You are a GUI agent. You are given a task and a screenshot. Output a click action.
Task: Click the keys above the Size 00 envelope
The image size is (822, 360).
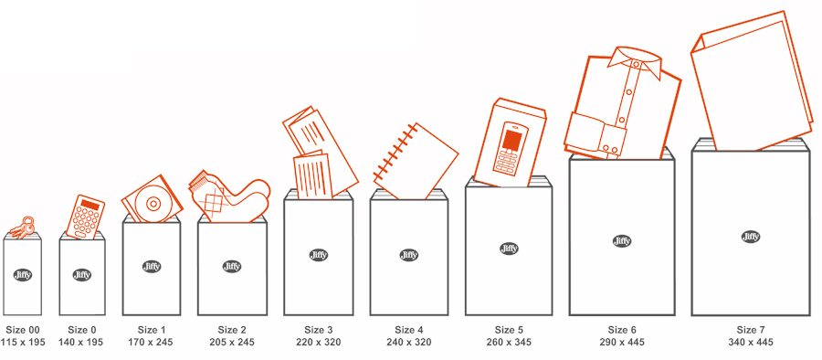(x=23, y=228)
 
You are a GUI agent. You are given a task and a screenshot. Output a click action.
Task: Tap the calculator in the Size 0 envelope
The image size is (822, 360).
(x=86, y=217)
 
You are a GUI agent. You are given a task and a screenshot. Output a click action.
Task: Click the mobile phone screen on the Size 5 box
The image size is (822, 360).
(x=511, y=140)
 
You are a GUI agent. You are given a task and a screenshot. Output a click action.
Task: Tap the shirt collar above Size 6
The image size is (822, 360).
(x=632, y=58)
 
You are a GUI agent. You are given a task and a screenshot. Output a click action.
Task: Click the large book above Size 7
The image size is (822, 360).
(x=752, y=81)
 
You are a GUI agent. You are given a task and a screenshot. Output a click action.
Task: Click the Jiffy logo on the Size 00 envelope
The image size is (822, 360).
(x=23, y=274)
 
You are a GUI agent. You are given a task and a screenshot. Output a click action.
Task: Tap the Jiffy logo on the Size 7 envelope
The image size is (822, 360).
(x=751, y=237)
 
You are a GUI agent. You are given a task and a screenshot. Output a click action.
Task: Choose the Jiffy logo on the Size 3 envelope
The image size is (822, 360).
(x=318, y=256)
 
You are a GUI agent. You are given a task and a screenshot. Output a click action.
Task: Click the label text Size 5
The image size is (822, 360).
(x=509, y=330)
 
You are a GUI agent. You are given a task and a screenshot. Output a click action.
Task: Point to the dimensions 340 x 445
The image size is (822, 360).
(x=750, y=342)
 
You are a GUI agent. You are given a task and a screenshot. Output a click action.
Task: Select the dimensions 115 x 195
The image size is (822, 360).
(x=23, y=342)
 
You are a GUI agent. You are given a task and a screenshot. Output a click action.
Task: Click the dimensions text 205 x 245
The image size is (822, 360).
(x=232, y=342)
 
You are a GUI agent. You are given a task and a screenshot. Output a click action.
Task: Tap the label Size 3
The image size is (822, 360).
(x=318, y=330)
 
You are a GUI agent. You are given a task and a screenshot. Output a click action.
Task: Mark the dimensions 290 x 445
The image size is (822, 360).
(x=622, y=342)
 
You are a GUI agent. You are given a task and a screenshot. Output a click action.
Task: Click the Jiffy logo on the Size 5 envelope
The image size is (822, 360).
(x=509, y=249)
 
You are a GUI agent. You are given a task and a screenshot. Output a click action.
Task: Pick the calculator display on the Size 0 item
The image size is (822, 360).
(x=90, y=205)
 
